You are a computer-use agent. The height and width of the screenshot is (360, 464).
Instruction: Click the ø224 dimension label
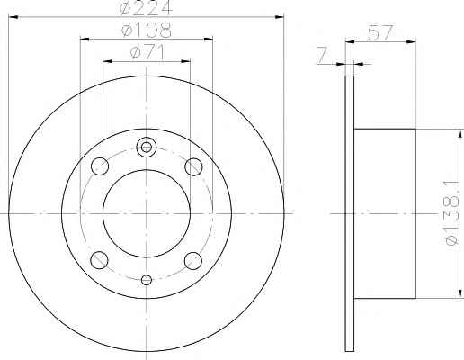147,8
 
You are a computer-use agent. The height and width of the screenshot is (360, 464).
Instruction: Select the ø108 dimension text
147,30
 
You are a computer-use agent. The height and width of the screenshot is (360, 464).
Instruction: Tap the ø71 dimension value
147,52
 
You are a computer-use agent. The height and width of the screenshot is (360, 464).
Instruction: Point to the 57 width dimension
380,32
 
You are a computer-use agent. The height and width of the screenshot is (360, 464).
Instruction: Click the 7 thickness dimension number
322,56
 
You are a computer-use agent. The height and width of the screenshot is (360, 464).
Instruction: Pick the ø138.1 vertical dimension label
452,213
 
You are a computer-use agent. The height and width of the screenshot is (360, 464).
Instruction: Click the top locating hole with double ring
147,147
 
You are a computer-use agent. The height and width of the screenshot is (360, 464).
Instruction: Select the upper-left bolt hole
100,166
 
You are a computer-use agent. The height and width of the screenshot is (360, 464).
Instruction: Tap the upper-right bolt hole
193,166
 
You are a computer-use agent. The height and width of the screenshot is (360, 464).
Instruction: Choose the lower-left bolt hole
99,260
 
